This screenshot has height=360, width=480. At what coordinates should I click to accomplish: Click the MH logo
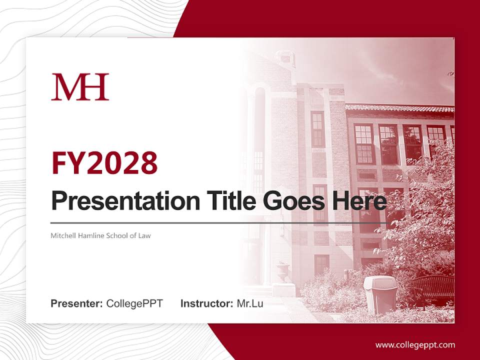click(80, 87)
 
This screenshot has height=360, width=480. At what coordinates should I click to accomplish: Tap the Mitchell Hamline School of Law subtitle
click(100, 235)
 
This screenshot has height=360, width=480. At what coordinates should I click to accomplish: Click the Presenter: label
click(77, 303)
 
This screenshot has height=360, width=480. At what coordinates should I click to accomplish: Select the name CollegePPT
click(134, 303)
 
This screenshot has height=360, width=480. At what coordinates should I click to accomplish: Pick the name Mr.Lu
click(250, 303)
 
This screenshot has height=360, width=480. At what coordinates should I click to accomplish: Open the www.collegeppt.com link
click(415, 344)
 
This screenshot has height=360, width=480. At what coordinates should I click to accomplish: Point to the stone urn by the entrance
click(282, 272)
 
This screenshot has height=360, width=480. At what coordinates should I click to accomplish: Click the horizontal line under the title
click(219, 222)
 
